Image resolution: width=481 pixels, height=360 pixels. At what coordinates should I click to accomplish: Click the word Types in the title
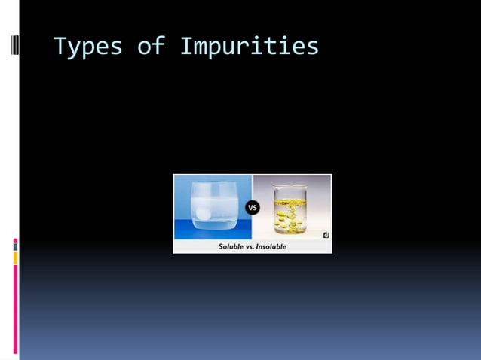[x=87, y=47]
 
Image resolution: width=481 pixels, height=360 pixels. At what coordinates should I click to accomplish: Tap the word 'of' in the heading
[x=150, y=47]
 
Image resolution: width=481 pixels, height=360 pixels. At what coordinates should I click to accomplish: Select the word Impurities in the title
[x=249, y=47]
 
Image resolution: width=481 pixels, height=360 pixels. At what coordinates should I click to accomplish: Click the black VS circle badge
[x=253, y=208]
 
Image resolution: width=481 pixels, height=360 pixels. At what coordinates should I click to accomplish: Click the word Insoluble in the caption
[x=271, y=246]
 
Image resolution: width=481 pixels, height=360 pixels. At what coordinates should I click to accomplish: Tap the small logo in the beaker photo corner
[x=326, y=235]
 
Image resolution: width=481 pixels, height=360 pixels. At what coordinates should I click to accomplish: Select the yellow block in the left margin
[x=15, y=258]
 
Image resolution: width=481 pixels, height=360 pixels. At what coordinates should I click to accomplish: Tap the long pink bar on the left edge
[x=15, y=309]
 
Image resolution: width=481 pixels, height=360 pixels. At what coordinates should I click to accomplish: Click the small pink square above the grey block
[x=15, y=240]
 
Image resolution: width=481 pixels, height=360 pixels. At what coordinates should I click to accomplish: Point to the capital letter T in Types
[x=60, y=47]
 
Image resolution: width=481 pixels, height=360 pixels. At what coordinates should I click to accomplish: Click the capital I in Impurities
[x=186, y=47]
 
